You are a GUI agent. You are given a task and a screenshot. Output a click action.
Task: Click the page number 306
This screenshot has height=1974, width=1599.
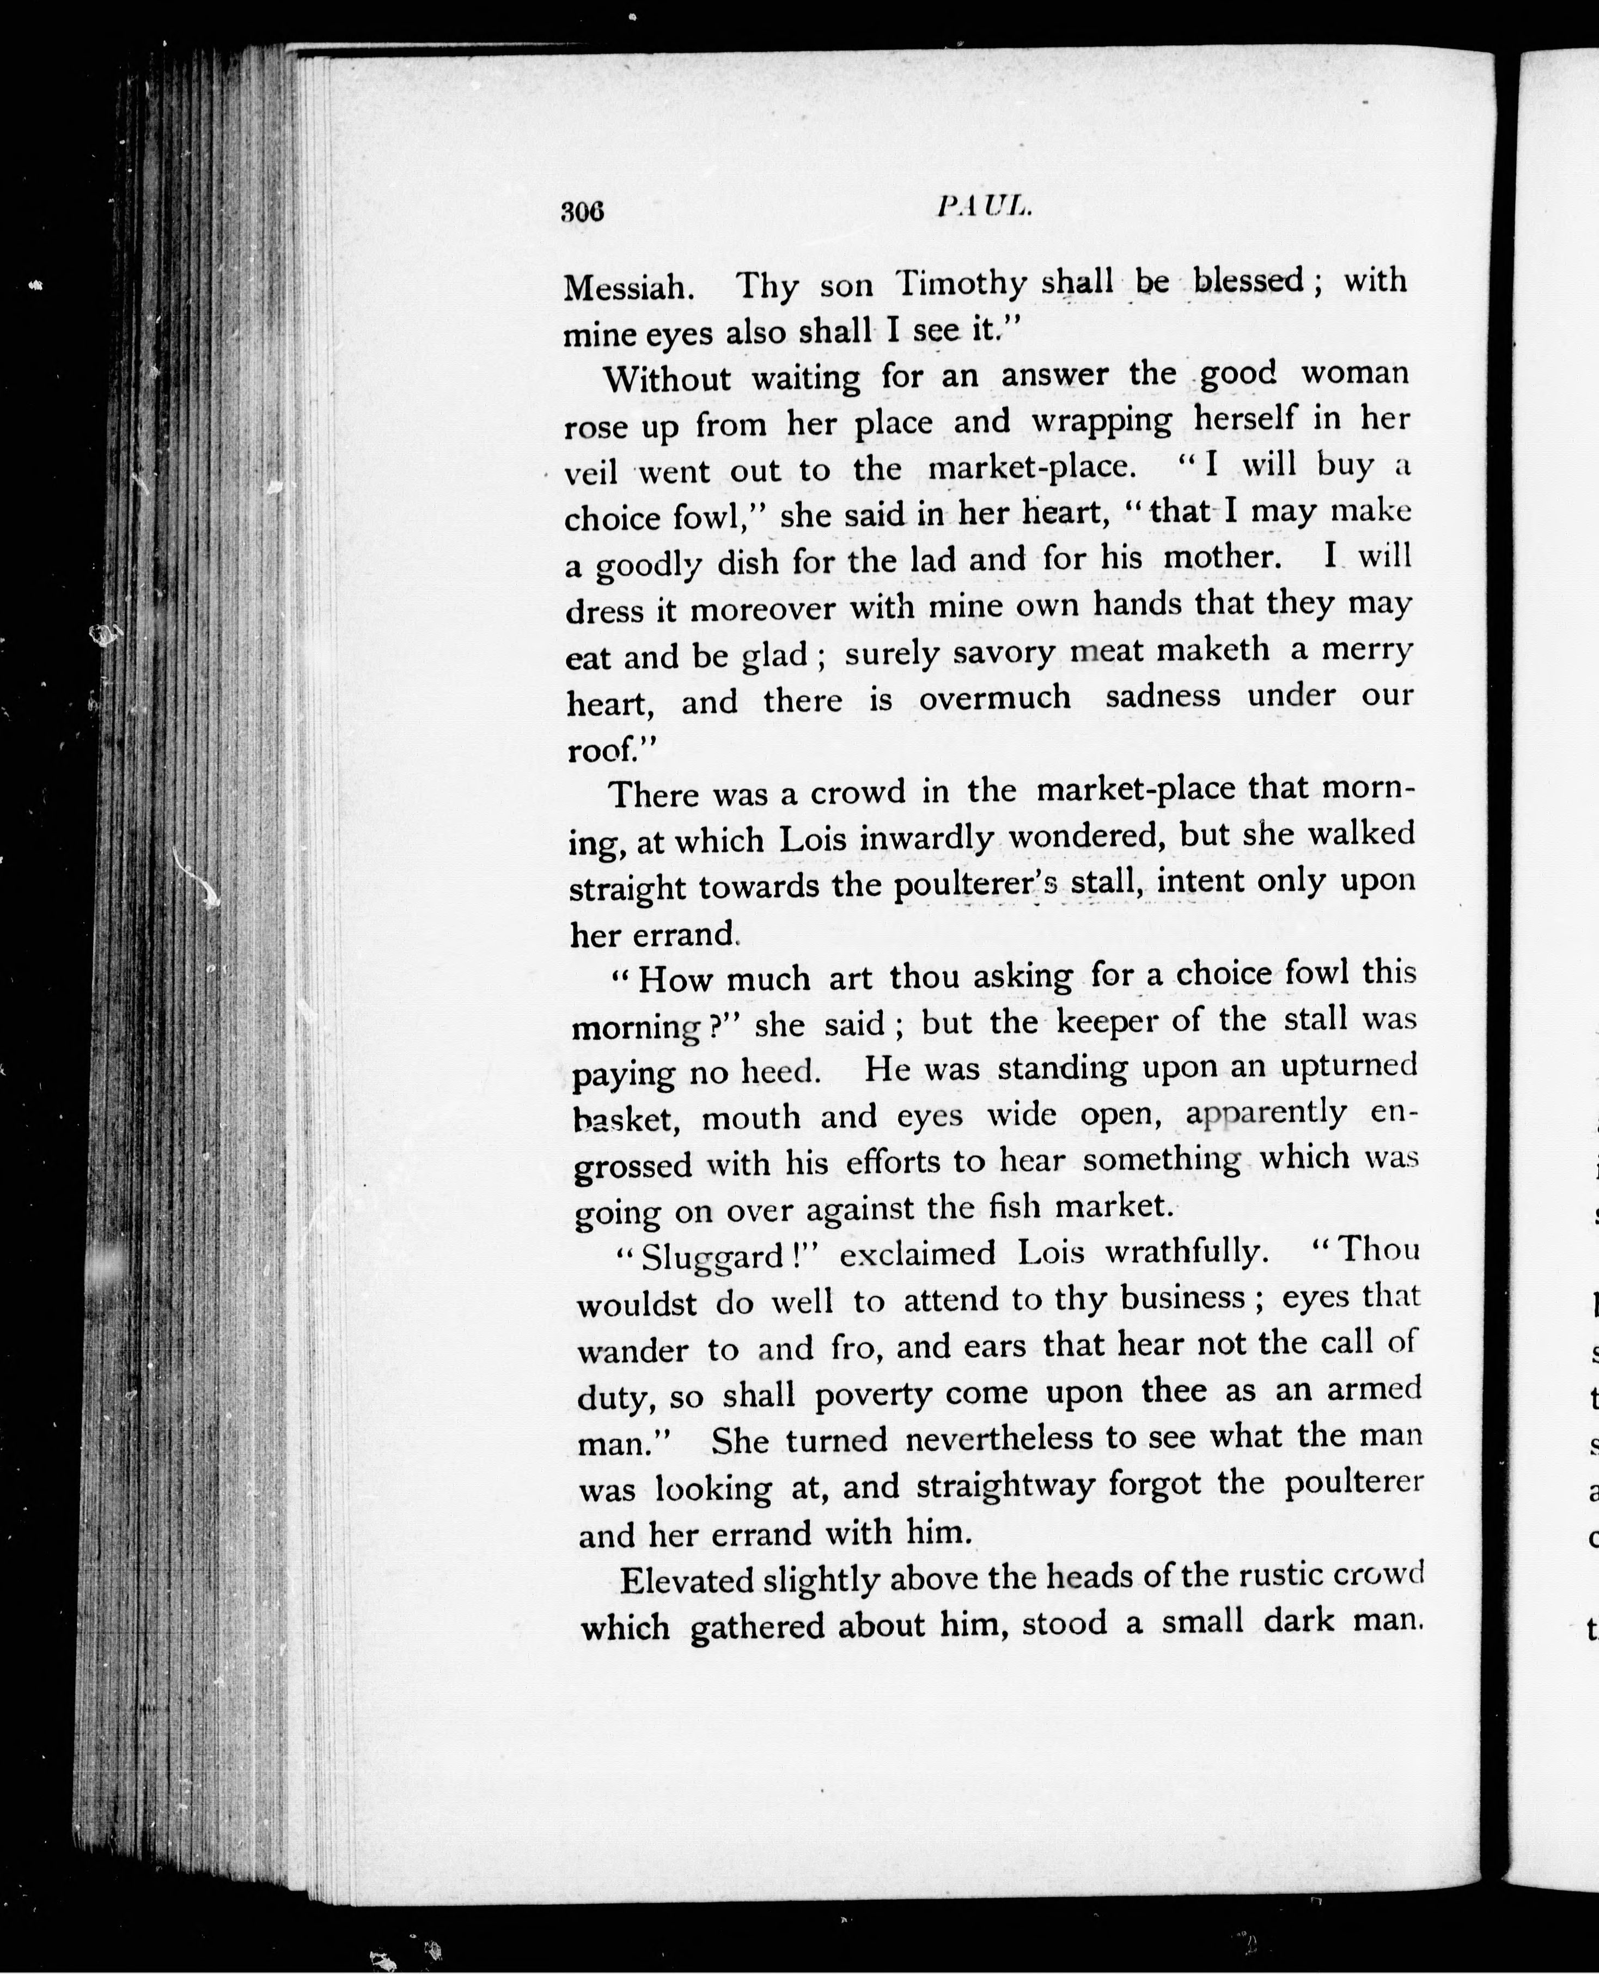582,212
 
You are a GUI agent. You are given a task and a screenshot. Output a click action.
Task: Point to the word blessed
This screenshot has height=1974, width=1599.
1248,280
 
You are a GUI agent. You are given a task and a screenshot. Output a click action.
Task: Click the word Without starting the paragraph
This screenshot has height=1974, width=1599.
667,379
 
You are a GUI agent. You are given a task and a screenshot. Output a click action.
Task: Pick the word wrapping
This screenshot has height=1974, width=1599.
1101,422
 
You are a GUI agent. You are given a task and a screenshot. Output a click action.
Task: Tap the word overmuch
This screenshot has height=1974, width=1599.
995,698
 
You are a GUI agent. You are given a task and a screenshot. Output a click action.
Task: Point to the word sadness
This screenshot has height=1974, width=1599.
1162,696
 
